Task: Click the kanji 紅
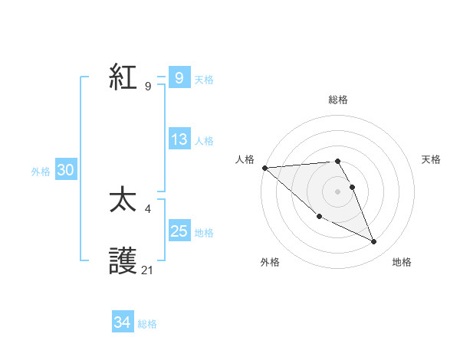tap(123, 77)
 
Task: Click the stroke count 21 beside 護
tap(148, 270)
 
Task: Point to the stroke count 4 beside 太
tap(147, 208)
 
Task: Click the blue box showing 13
tap(179, 139)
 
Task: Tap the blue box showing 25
tap(179, 231)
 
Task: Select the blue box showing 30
tap(65, 171)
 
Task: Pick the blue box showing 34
tap(122, 322)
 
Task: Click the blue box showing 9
tap(179, 77)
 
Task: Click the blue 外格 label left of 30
tap(41, 172)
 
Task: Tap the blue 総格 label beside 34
tap(147, 324)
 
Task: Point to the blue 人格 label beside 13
tap(204, 141)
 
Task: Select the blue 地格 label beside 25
tap(204, 233)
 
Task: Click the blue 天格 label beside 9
tap(204, 79)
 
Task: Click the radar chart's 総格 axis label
tap(337, 100)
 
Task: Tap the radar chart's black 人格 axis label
tap(245, 159)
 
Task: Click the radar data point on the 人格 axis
tap(264, 168)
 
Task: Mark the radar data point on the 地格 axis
tap(374, 242)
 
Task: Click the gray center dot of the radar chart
tap(337, 191)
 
